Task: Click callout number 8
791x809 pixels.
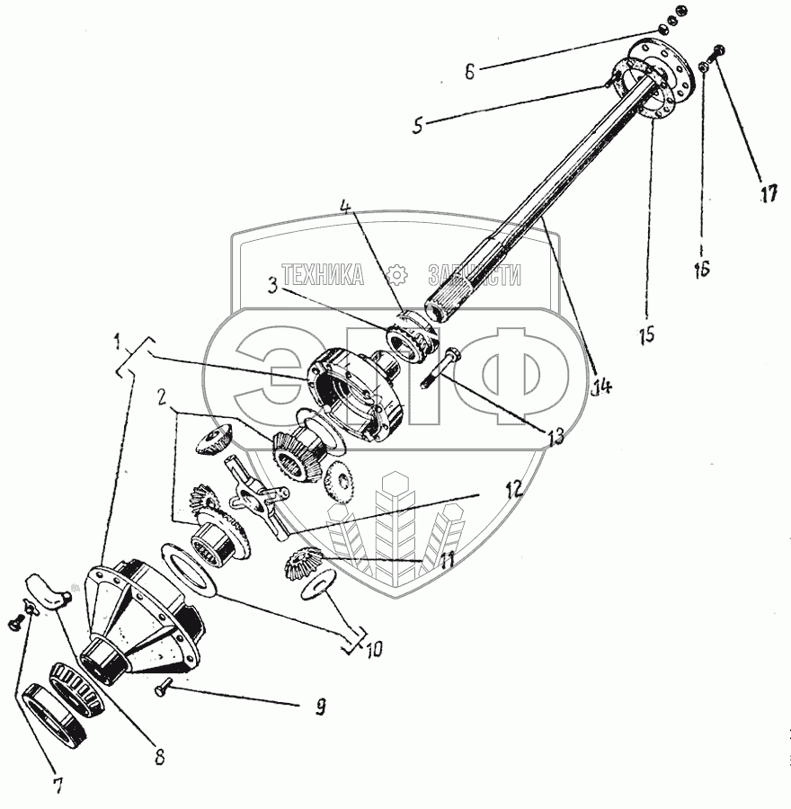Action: pos(159,757)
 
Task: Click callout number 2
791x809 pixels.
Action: pos(162,396)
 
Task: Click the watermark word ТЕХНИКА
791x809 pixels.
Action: pos(323,275)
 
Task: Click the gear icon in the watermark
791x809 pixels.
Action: pos(396,275)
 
